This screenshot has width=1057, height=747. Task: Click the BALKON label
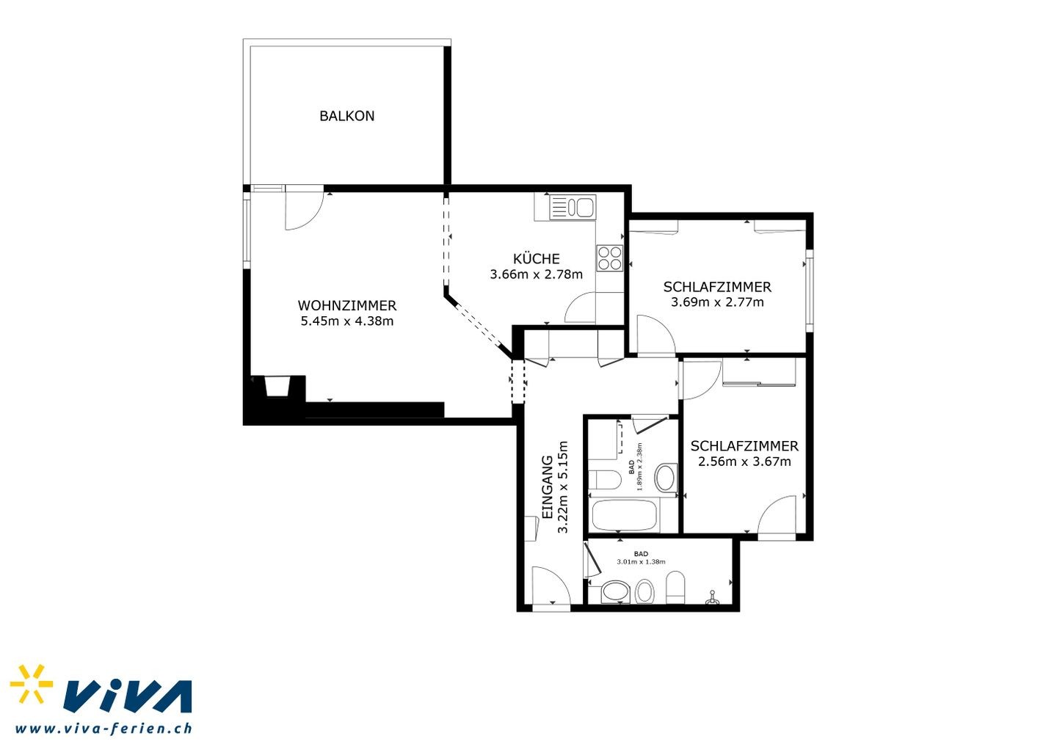346,116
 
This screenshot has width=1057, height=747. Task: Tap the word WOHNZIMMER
346,305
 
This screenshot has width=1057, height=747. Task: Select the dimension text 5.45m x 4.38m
346,321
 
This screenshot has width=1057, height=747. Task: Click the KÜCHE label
536,258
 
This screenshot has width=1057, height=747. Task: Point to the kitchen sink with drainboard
573,207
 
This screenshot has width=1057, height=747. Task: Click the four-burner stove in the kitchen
610,258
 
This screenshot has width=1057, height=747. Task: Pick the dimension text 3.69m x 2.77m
717,302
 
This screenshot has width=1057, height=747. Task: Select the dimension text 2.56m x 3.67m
744,462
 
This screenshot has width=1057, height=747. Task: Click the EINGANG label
547,487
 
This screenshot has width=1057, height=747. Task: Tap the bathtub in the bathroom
624,515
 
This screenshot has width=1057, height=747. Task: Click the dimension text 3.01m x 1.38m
641,561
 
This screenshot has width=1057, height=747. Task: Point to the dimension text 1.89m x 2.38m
640,467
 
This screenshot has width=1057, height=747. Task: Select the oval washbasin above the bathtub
665,478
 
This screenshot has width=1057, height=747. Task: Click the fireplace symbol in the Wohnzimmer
277,386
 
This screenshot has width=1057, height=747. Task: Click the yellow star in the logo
32,684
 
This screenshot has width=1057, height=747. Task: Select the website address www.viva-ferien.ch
103,728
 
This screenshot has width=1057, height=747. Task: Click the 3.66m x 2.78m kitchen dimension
536,274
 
